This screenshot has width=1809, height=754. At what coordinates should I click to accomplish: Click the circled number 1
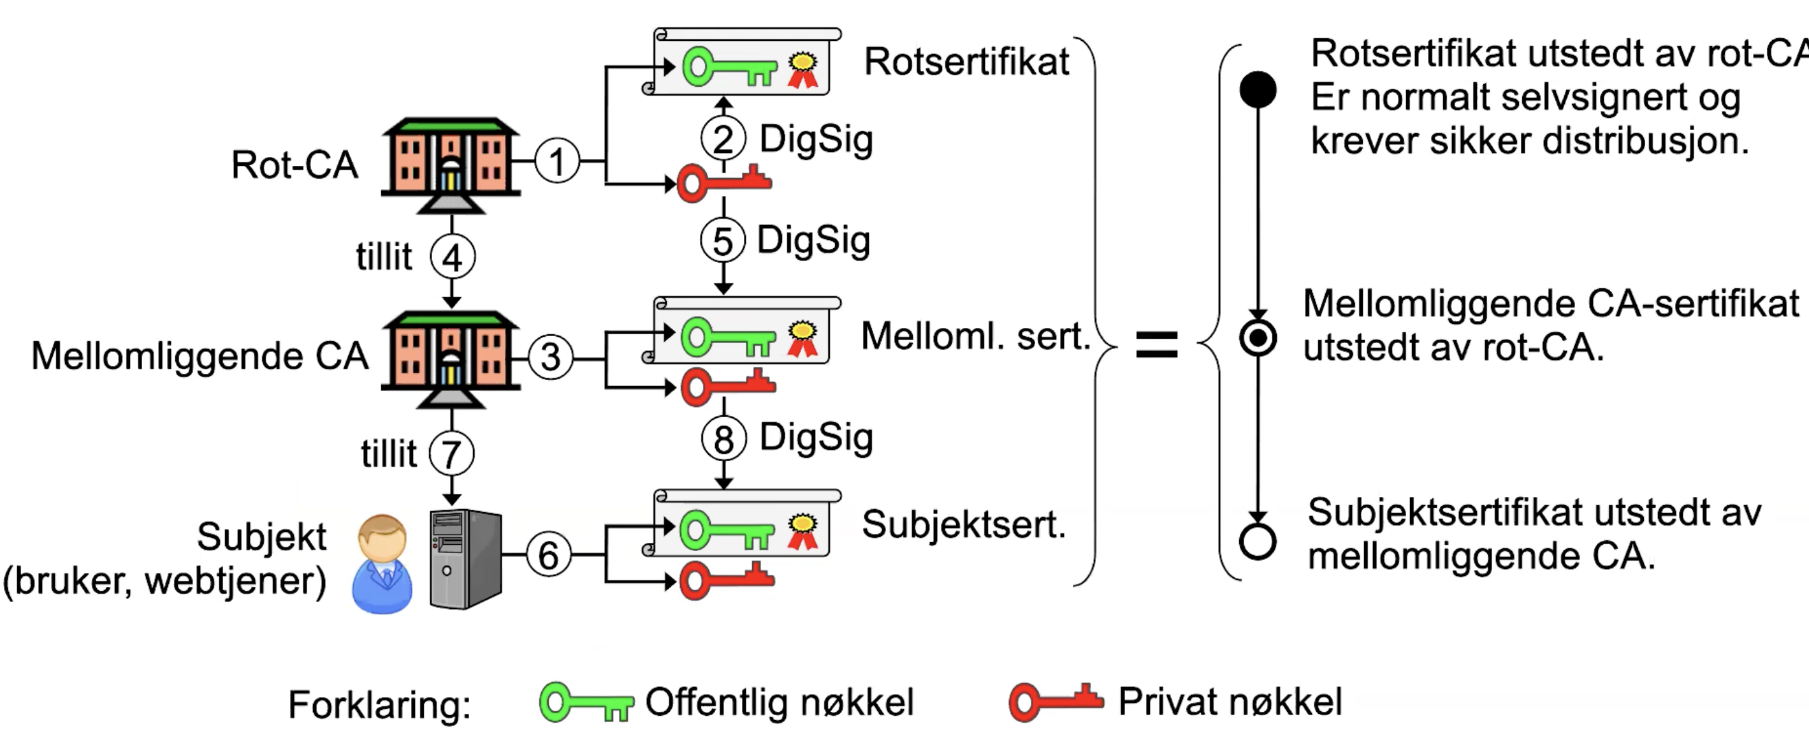(x=557, y=161)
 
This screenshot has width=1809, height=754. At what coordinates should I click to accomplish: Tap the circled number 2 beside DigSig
(x=723, y=138)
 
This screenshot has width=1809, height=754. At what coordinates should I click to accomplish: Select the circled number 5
(x=723, y=240)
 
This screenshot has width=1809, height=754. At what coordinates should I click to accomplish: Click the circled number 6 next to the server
(x=548, y=554)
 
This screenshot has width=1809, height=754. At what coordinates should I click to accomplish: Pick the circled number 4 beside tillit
(x=453, y=257)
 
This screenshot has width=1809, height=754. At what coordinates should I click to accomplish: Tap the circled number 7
(x=451, y=454)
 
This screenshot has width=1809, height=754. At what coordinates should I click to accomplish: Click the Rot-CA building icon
(x=451, y=165)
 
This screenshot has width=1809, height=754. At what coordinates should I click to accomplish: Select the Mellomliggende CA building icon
(x=451, y=359)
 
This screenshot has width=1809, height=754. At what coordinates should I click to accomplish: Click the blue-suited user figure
(x=382, y=563)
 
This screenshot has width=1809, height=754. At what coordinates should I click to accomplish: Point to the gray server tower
(x=465, y=559)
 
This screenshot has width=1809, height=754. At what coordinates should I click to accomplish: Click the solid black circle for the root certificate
(x=1258, y=89)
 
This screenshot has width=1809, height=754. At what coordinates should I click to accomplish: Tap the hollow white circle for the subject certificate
(x=1258, y=542)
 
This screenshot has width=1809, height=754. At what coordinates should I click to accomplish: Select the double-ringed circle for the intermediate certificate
(x=1258, y=338)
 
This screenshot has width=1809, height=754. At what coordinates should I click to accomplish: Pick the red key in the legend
(x=1056, y=701)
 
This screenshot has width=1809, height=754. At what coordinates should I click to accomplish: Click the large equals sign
(x=1157, y=344)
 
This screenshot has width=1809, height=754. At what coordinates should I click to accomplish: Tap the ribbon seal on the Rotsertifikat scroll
(x=803, y=70)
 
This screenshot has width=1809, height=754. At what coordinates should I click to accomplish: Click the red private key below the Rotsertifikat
(x=724, y=182)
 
